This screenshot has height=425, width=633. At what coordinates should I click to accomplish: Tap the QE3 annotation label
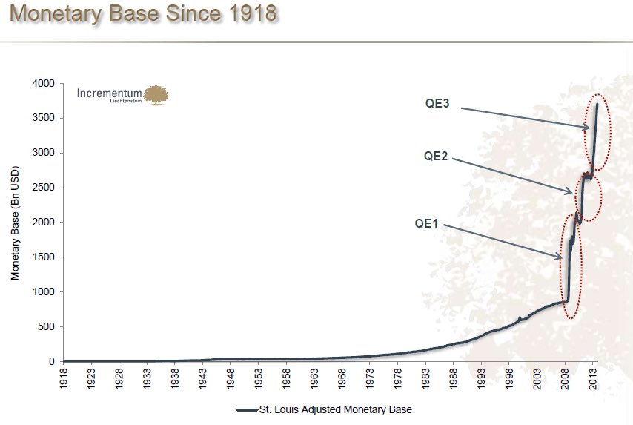pos(437,105)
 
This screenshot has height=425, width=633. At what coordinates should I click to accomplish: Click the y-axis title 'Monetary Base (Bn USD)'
pos(15,223)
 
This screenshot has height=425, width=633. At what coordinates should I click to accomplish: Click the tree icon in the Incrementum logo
pos(156,95)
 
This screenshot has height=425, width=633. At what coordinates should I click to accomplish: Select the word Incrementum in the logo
pos(110,93)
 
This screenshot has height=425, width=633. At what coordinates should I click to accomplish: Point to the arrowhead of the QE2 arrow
pos(571,192)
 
